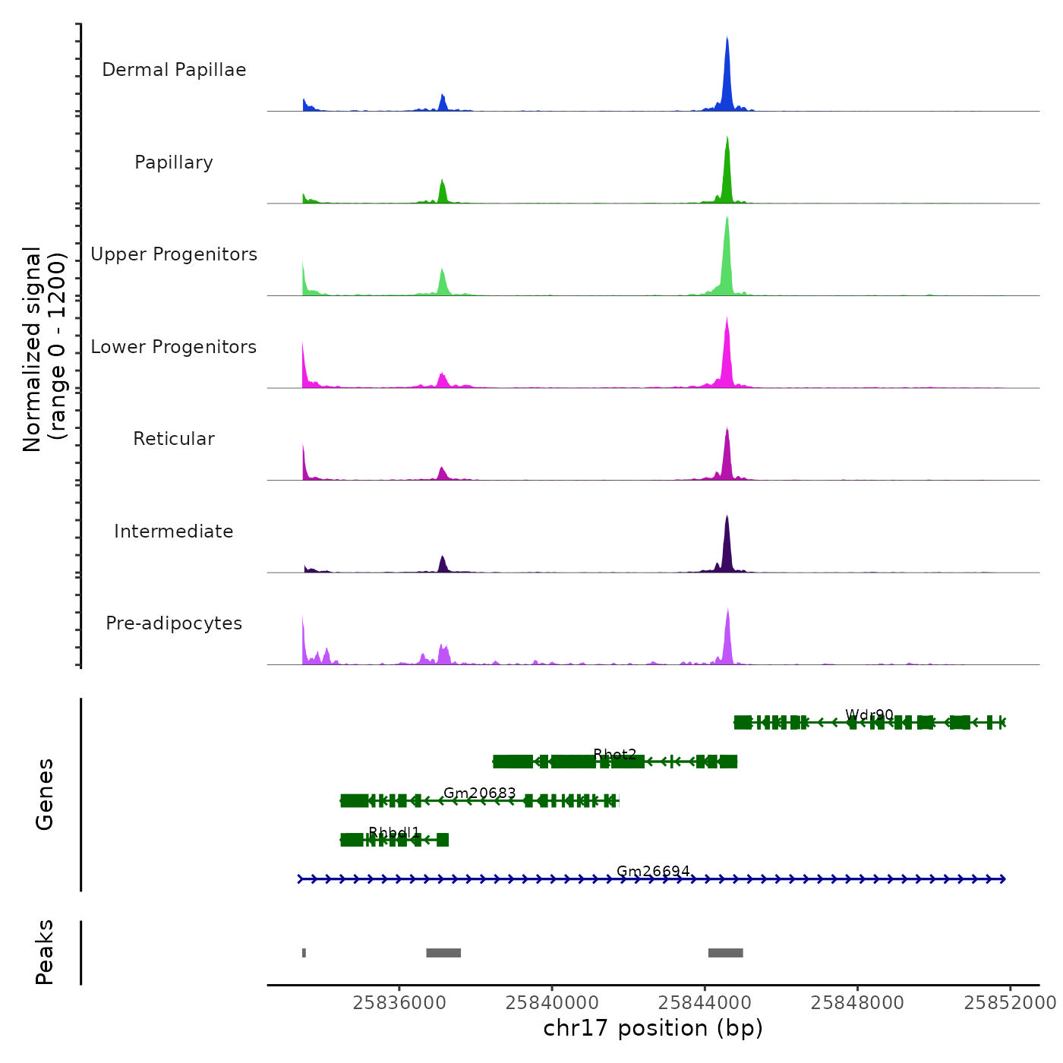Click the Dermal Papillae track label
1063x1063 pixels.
tap(174, 70)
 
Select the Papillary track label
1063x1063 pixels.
tap(174, 162)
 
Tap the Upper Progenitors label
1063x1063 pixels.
tap(174, 254)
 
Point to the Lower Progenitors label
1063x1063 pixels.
tap(174, 347)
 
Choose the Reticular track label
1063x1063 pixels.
tap(174, 439)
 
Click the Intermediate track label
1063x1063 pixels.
tap(174, 531)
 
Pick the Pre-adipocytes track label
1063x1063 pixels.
tap(174, 623)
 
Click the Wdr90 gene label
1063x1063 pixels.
tap(869, 715)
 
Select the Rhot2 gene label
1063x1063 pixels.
tap(615, 754)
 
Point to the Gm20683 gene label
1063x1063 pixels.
tap(480, 793)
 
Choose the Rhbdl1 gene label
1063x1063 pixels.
tap(394, 833)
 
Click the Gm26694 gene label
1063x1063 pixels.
tap(653, 871)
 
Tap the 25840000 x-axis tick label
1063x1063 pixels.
tap(552, 1003)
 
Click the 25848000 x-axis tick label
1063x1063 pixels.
tap(857, 1003)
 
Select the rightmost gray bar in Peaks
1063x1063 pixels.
tap(725, 953)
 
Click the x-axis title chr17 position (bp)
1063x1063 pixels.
tap(653, 1028)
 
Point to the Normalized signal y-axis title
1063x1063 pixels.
tap(44, 349)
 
